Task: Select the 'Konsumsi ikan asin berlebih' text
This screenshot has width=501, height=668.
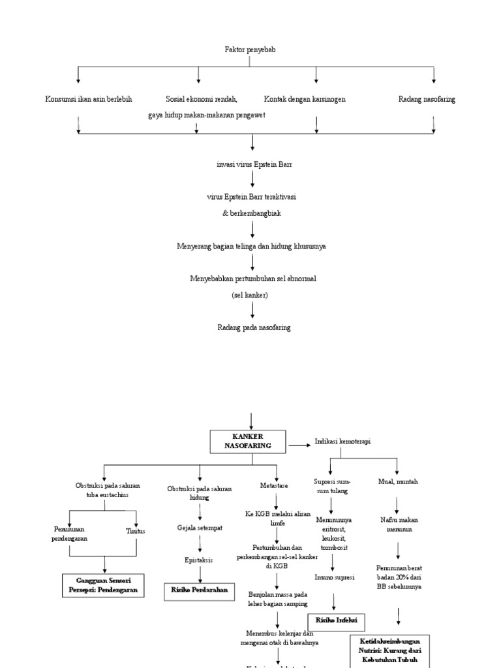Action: coord(88,99)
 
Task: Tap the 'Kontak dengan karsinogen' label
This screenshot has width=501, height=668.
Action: coord(305,99)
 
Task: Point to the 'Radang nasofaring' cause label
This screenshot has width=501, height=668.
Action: coord(427,99)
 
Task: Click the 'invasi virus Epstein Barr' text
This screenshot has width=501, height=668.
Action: coord(254,165)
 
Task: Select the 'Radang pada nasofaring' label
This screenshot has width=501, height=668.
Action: coord(254,327)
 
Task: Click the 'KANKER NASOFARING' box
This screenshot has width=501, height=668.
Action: coord(249,442)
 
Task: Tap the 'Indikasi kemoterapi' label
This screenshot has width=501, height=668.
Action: coord(342,442)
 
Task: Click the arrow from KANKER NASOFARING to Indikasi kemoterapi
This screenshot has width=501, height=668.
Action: coord(299,446)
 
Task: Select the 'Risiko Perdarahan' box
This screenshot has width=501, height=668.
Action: coord(200,589)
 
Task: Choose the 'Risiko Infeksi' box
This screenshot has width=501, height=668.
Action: coord(337,620)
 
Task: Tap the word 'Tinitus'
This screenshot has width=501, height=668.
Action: coord(136,531)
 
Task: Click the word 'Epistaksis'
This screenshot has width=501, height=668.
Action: coord(199,560)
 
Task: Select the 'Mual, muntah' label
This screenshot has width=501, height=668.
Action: coord(398,481)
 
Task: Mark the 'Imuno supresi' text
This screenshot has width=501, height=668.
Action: coord(335,577)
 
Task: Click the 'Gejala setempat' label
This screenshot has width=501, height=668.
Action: coord(200,527)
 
